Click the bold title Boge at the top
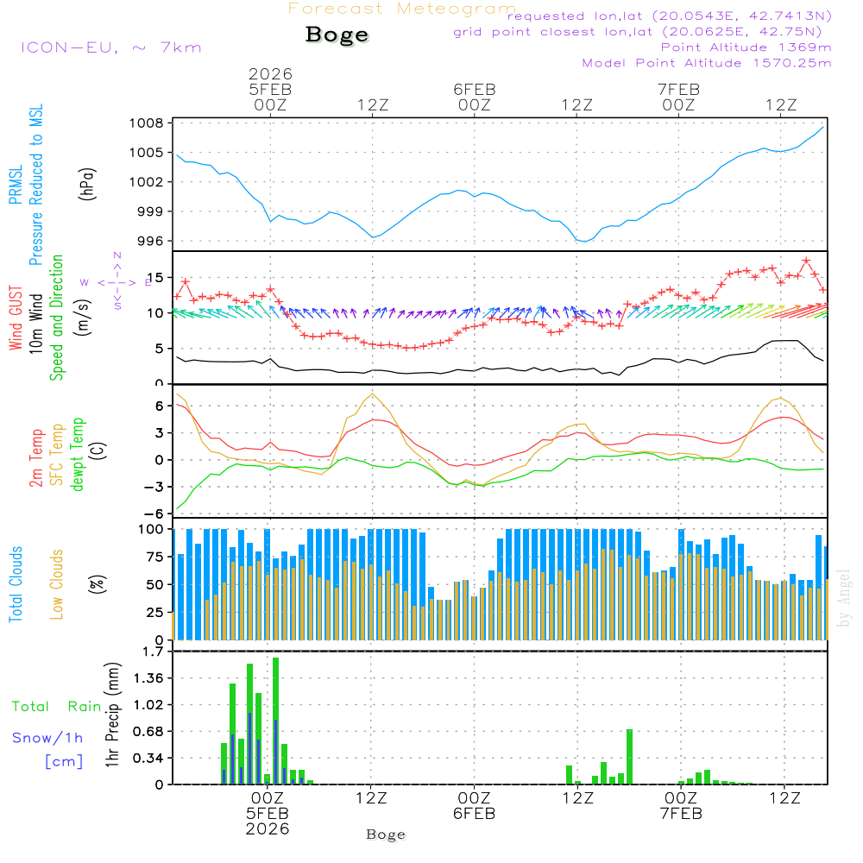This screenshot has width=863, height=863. (x=337, y=35)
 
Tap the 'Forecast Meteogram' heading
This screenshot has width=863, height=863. (x=402, y=9)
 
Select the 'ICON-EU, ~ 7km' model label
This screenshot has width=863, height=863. (x=110, y=47)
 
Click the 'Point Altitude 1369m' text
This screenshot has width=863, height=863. (x=746, y=47)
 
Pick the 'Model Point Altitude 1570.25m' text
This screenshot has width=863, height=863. (x=707, y=63)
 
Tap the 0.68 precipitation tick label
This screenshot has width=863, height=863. (x=148, y=732)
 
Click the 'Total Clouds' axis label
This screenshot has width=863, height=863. (x=16, y=584)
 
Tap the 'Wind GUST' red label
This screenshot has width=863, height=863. (x=16, y=319)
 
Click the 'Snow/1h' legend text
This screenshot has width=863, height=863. (x=47, y=738)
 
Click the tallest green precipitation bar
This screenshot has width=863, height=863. (x=275, y=720)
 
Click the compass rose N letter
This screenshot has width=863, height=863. (x=117, y=255)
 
